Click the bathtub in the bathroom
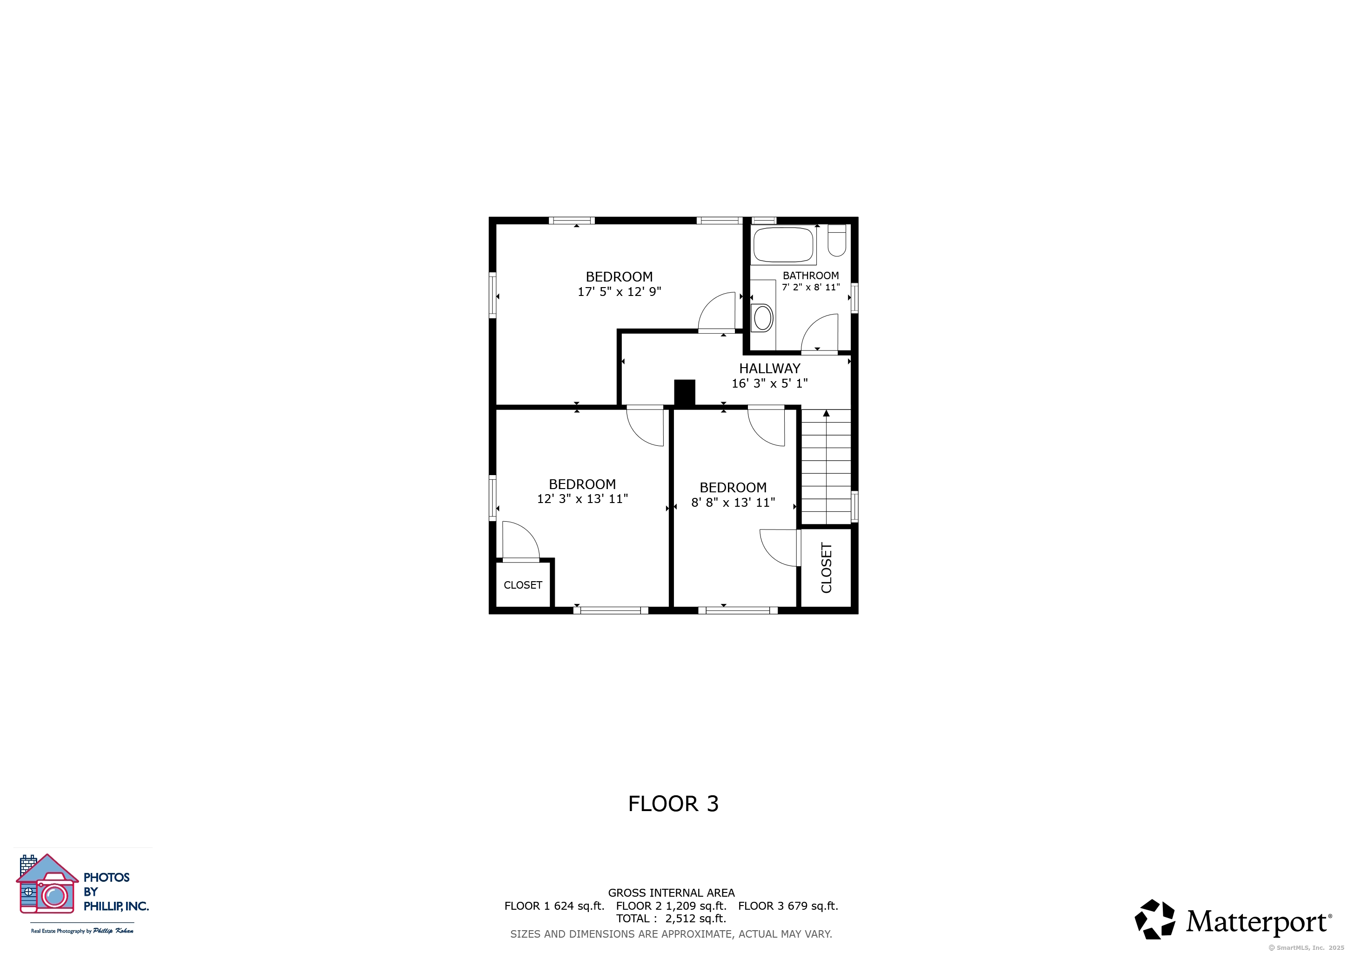pyautogui.click(x=783, y=245)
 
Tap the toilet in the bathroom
pyautogui.click(x=837, y=241)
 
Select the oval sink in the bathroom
pyautogui.click(x=763, y=318)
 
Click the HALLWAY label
pyautogui.click(x=769, y=369)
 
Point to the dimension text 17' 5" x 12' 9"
pyautogui.click(x=619, y=292)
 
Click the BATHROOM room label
pyautogui.click(x=810, y=275)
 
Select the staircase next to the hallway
pyautogui.click(x=826, y=470)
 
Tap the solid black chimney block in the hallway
pyautogui.click(x=684, y=393)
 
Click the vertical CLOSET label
pyautogui.click(x=826, y=567)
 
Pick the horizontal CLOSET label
pyautogui.click(x=522, y=585)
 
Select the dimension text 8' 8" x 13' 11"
pyautogui.click(x=733, y=502)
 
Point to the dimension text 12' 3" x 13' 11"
pyautogui.click(x=582, y=499)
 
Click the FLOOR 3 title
pyautogui.click(x=673, y=803)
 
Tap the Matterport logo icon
pyautogui.click(x=1154, y=919)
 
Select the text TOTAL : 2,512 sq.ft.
pyautogui.click(x=671, y=919)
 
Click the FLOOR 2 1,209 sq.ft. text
pyautogui.click(x=671, y=906)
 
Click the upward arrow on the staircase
pyautogui.click(x=826, y=414)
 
